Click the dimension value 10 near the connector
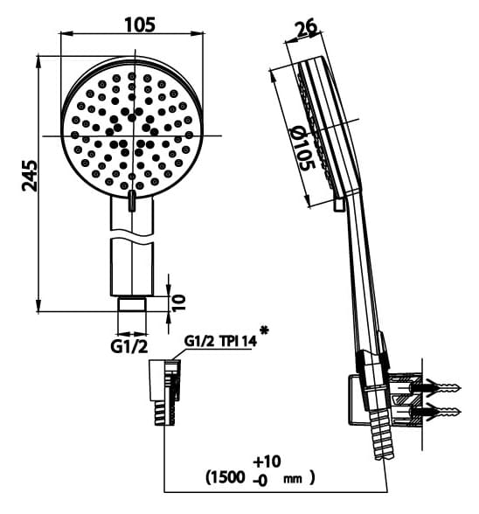tap(179, 302)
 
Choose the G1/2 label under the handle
tap(128, 347)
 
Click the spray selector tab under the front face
tap(132, 202)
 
